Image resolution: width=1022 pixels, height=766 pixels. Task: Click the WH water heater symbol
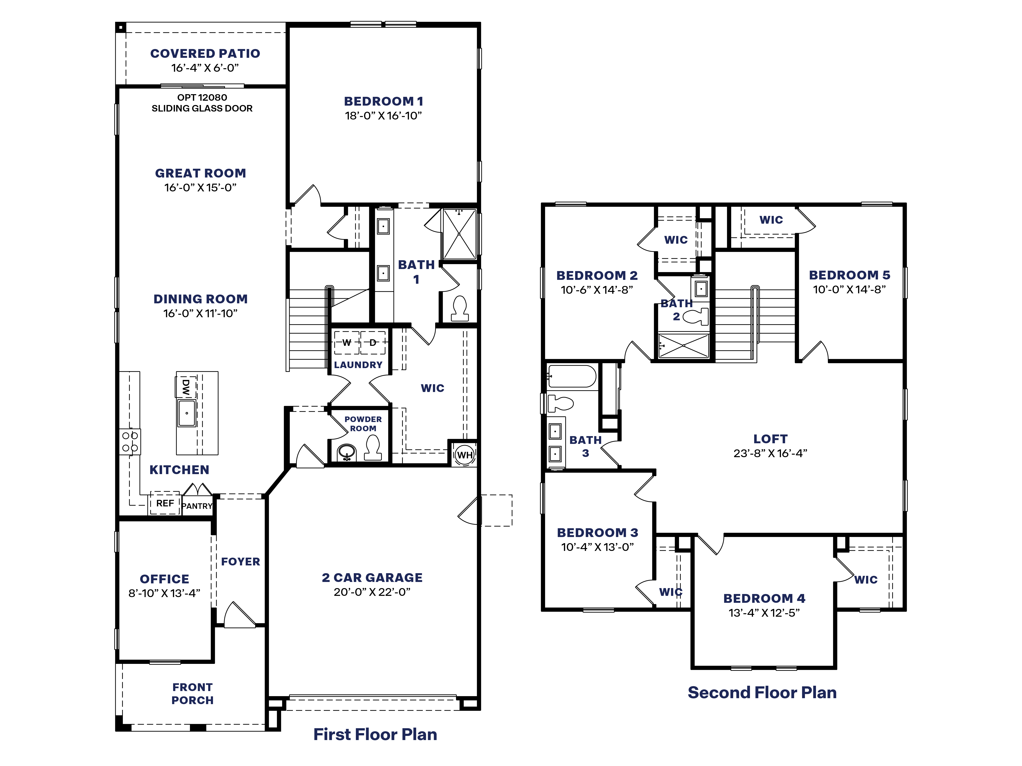point(464,455)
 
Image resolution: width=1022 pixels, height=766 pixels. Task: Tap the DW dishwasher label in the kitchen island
point(186,387)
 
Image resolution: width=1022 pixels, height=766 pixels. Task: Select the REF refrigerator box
point(165,503)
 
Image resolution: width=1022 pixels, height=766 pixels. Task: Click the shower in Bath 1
point(459,234)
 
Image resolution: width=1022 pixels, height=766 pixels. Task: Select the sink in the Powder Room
point(346,452)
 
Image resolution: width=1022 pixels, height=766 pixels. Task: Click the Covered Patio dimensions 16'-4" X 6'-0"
point(205,68)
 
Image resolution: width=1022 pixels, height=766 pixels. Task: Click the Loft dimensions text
point(770,453)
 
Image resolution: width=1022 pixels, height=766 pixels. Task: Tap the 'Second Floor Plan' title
point(762,693)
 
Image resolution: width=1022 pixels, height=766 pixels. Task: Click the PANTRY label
point(197,506)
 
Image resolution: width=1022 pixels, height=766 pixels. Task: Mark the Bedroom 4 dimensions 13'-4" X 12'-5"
point(764,613)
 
